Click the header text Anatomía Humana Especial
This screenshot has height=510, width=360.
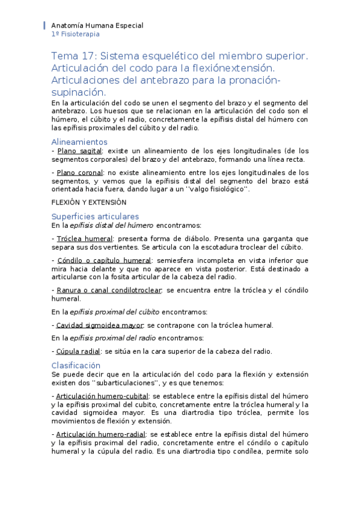pyautogui.click(x=97, y=26)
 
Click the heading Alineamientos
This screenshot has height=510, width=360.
pyautogui.click(x=79, y=142)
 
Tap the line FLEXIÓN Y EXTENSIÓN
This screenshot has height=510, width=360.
pyautogui.click(x=88, y=202)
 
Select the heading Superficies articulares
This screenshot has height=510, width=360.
pyautogui.click(x=95, y=217)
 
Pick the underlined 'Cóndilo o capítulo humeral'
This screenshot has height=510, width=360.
pyautogui.click(x=103, y=260)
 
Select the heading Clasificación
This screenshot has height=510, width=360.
pyautogui.click(x=76, y=365)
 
